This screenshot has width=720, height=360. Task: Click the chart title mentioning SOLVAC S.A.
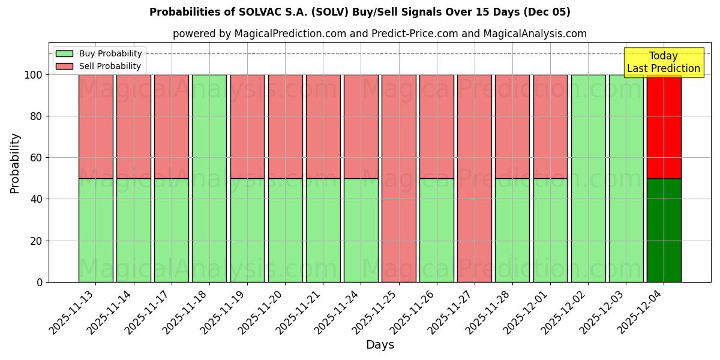[x=359, y=12]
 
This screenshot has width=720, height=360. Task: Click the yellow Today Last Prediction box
[x=663, y=62]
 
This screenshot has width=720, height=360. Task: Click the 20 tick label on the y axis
[x=37, y=241]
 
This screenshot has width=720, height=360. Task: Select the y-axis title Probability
[x=15, y=163]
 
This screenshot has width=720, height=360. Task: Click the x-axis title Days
[x=380, y=345]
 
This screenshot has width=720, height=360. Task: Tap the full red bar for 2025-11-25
[x=399, y=178]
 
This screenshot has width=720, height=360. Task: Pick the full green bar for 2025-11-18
[x=209, y=178]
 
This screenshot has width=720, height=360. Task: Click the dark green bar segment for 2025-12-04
[x=664, y=230]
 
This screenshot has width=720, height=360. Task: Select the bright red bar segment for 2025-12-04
[x=664, y=126]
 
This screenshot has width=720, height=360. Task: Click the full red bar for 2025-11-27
[x=475, y=178]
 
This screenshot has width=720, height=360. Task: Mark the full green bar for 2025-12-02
[x=588, y=178]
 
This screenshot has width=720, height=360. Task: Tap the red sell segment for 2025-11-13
[x=96, y=126]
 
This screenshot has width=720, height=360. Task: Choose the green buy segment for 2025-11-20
[x=285, y=230]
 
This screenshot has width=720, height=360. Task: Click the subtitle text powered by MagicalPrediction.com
[x=379, y=34]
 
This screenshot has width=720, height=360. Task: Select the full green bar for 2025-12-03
[x=626, y=178]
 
